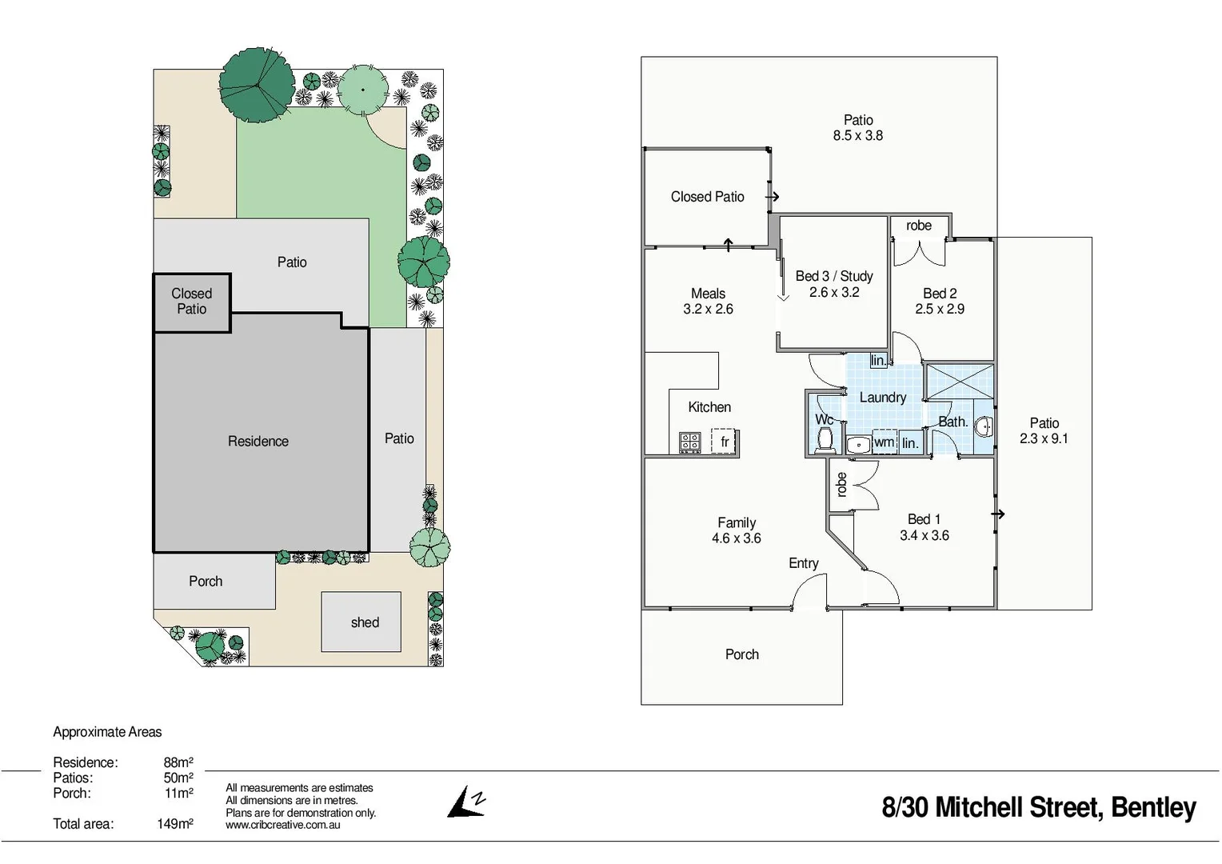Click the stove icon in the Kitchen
tap(689, 442)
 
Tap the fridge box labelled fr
tap(725, 442)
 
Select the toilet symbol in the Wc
tap(825, 439)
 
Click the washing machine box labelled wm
tap(884, 442)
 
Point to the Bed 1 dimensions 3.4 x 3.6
tap(924, 536)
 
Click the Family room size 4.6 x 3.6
tap(736, 538)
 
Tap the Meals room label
tap(708, 294)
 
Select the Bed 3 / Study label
tap(833, 276)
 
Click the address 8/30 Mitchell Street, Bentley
tap(1038, 807)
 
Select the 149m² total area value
tap(174, 824)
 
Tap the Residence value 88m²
tap(178, 762)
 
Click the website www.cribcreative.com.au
tap(282, 825)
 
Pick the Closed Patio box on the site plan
tap(192, 302)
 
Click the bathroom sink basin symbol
tap(984, 426)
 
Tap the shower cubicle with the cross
tap(959, 382)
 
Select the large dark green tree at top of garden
tap(257, 83)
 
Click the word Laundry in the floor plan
tap(882, 398)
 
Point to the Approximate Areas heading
tap(107, 732)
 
